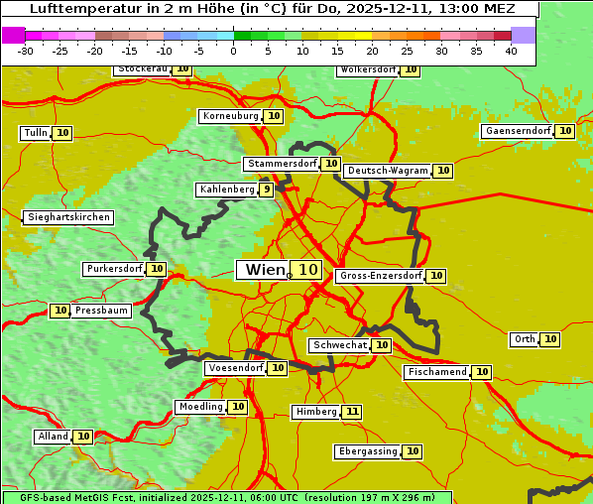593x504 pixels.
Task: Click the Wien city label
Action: coord(263,270)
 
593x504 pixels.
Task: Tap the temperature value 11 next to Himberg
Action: coord(352,412)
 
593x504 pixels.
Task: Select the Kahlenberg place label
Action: coord(227,189)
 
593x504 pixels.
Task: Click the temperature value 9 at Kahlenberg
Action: coord(267,189)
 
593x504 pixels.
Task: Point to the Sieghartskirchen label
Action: coord(68,217)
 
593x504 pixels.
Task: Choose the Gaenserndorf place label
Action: coord(516,131)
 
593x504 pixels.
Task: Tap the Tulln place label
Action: coord(35,133)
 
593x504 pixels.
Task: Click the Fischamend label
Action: coord(436,372)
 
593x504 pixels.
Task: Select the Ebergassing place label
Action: coord(367,451)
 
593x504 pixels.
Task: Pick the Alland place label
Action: coord(53,437)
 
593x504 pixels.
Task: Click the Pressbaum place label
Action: coord(101,311)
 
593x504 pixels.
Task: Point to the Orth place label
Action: coord(524,339)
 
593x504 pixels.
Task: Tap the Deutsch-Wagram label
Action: coord(388,171)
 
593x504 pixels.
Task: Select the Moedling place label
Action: coord(200,407)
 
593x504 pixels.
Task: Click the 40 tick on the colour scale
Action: coord(511,51)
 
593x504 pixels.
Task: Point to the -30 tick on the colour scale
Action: coord(26,51)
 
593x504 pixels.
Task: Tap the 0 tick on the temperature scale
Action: coord(233,51)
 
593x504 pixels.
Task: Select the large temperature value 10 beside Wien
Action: coord(307,270)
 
